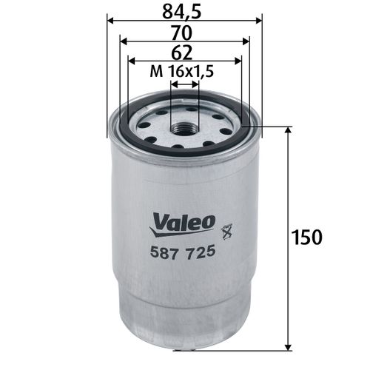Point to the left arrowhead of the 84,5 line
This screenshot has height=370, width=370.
pyautogui.click(x=110, y=21)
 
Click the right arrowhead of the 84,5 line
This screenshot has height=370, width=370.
pyautogui.click(x=259, y=21)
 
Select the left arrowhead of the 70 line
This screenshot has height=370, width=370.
pyautogui.click(x=122, y=41)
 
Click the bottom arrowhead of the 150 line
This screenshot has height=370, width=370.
pyautogui.click(x=287, y=346)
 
